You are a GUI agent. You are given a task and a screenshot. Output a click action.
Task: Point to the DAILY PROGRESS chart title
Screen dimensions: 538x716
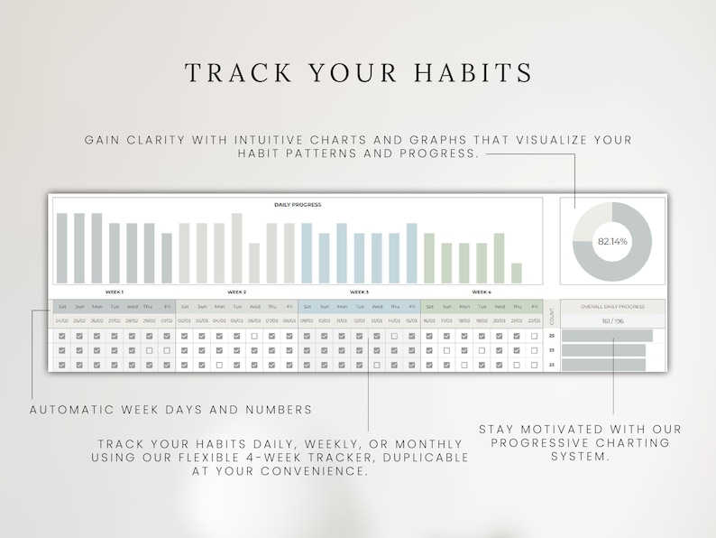tap(298, 205)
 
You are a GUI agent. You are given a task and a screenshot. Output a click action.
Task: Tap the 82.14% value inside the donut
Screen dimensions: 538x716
tap(611, 241)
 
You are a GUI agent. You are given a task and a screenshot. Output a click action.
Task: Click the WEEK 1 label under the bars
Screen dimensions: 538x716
tap(115, 292)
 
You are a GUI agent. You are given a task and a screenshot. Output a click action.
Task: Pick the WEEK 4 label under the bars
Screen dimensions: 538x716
tap(482, 292)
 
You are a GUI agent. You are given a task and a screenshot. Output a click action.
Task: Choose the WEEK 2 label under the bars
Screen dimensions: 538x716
tap(237, 292)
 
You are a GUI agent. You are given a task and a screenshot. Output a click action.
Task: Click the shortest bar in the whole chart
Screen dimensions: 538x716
tap(517, 273)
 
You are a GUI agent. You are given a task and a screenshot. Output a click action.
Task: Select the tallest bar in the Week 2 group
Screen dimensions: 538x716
tap(237, 248)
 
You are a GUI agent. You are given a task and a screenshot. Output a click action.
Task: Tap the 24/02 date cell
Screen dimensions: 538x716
tap(61, 320)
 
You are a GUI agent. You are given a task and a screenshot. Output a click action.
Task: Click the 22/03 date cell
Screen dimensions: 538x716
tap(534, 320)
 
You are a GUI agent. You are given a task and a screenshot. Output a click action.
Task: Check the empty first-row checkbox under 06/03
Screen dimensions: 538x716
tap(254, 336)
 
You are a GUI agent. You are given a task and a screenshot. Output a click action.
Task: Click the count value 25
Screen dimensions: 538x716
tap(552, 336)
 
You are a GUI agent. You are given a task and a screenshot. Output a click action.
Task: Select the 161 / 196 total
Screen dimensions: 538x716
tap(613, 320)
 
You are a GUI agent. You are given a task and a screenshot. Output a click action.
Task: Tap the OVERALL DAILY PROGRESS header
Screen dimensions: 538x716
tap(613, 307)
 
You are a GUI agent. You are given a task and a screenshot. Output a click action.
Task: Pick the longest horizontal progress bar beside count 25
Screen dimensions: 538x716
tap(607, 336)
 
